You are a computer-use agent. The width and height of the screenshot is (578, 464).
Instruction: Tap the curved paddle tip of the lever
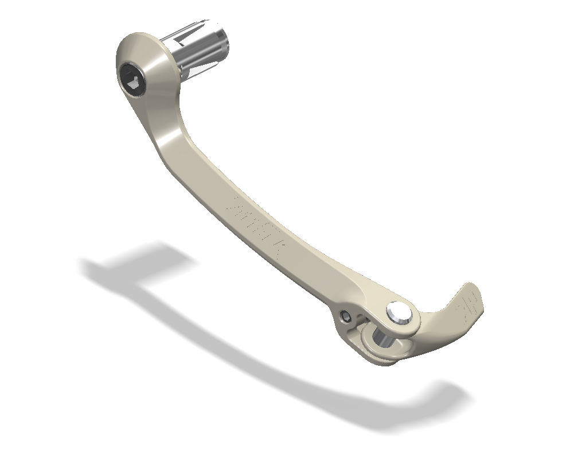click(x=467, y=304)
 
